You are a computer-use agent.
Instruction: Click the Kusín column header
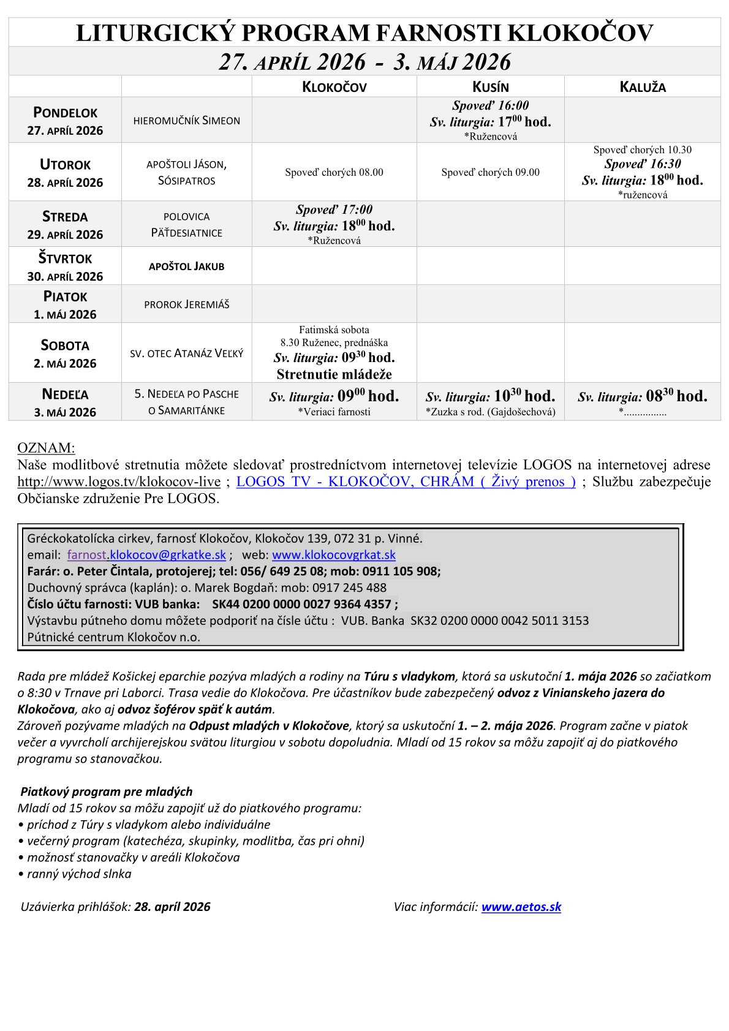click(490, 87)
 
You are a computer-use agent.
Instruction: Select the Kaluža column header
click(642, 87)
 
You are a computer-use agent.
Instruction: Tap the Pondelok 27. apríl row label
click(65, 121)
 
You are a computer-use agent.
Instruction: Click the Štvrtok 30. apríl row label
click(65, 266)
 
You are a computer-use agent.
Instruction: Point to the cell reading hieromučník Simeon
click(186, 121)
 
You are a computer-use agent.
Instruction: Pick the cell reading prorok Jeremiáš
click(186, 304)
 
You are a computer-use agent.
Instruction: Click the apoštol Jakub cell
click(186, 266)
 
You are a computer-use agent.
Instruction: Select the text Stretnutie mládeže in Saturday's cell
click(334, 374)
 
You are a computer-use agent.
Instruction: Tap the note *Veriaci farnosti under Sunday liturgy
click(334, 412)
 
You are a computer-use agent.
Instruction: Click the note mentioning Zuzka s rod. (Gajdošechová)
click(490, 412)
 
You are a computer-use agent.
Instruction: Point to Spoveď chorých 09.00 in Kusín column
click(490, 173)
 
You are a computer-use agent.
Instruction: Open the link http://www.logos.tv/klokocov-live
click(119, 482)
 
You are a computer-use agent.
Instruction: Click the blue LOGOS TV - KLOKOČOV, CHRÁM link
click(406, 482)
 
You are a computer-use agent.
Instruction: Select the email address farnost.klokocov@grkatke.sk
click(146, 555)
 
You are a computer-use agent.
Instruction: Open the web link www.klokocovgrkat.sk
click(333, 555)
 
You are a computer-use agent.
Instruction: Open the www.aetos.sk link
click(521, 907)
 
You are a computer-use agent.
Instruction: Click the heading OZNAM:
click(46, 448)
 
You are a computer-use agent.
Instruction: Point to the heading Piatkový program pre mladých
click(107, 791)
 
